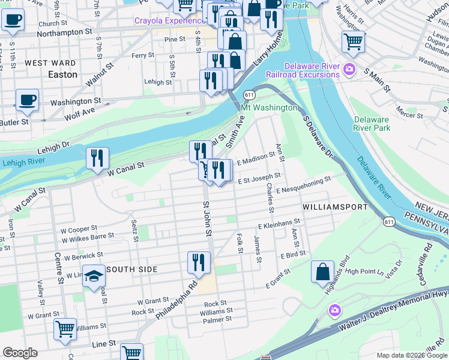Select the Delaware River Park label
pyautogui.click(x=372, y=124)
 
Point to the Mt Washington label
pyautogui.click(x=268, y=107)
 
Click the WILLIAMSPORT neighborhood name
pyautogui.click(x=335, y=206)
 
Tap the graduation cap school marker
pyautogui.click(x=94, y=277)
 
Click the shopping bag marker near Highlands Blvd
pyautogui.click(x=322, y=271)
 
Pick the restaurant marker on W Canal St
pyautogui.click(x=97, y=158)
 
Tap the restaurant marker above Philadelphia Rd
pyautogui.click(x=199, y=262)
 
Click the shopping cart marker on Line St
pyautogui.click(x=131, y=353)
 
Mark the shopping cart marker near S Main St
pyautogui.click(x=353, y=42)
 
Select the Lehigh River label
pyautogui.click(x=23, y=162)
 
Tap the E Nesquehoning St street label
pyautogui.click(x=303, y=184)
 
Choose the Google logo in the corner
pyautogui.click(x=20, y=353)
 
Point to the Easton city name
pyautogui.click(x=62, y=74)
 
